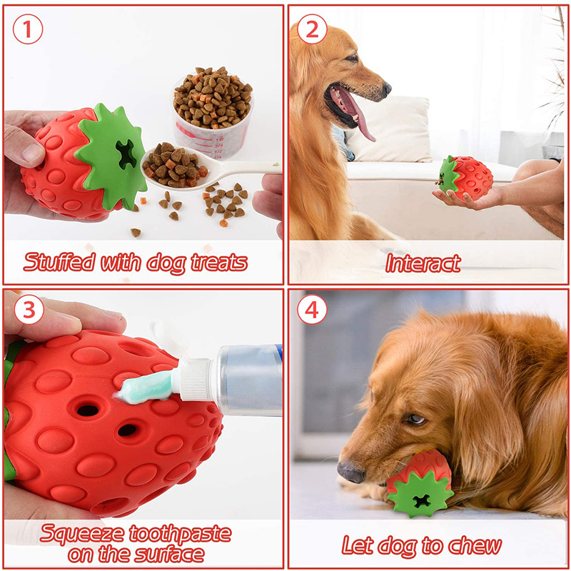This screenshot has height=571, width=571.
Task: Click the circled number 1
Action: pos(28,29)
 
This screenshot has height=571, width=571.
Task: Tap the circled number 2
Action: pos(312,29)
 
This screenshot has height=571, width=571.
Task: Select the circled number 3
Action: pos(29,310)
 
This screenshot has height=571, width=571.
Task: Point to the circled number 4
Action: pos(312,310)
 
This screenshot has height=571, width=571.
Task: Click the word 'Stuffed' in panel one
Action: pos(60,262)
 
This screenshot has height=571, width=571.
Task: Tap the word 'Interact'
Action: pos(423,263)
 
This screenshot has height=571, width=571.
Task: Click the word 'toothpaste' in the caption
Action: pos(181,535)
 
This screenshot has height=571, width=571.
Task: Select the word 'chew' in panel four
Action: pos(475,545)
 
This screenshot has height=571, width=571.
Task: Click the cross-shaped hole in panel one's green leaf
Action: pos(126,154)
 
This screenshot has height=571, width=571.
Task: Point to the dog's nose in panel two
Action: pos(386,88)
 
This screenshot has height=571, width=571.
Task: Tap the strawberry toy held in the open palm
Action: pos(465,177)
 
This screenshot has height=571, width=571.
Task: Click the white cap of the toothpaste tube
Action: pos(194,380)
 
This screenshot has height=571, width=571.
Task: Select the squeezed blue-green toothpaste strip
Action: pos(145,387)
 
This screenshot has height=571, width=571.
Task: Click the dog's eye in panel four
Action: pos(416,420)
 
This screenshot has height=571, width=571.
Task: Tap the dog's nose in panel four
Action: pos(351,473)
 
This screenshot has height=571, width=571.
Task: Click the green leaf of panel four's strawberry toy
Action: pos(420,494)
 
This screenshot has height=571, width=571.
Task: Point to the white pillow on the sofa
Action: pos(389,130)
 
